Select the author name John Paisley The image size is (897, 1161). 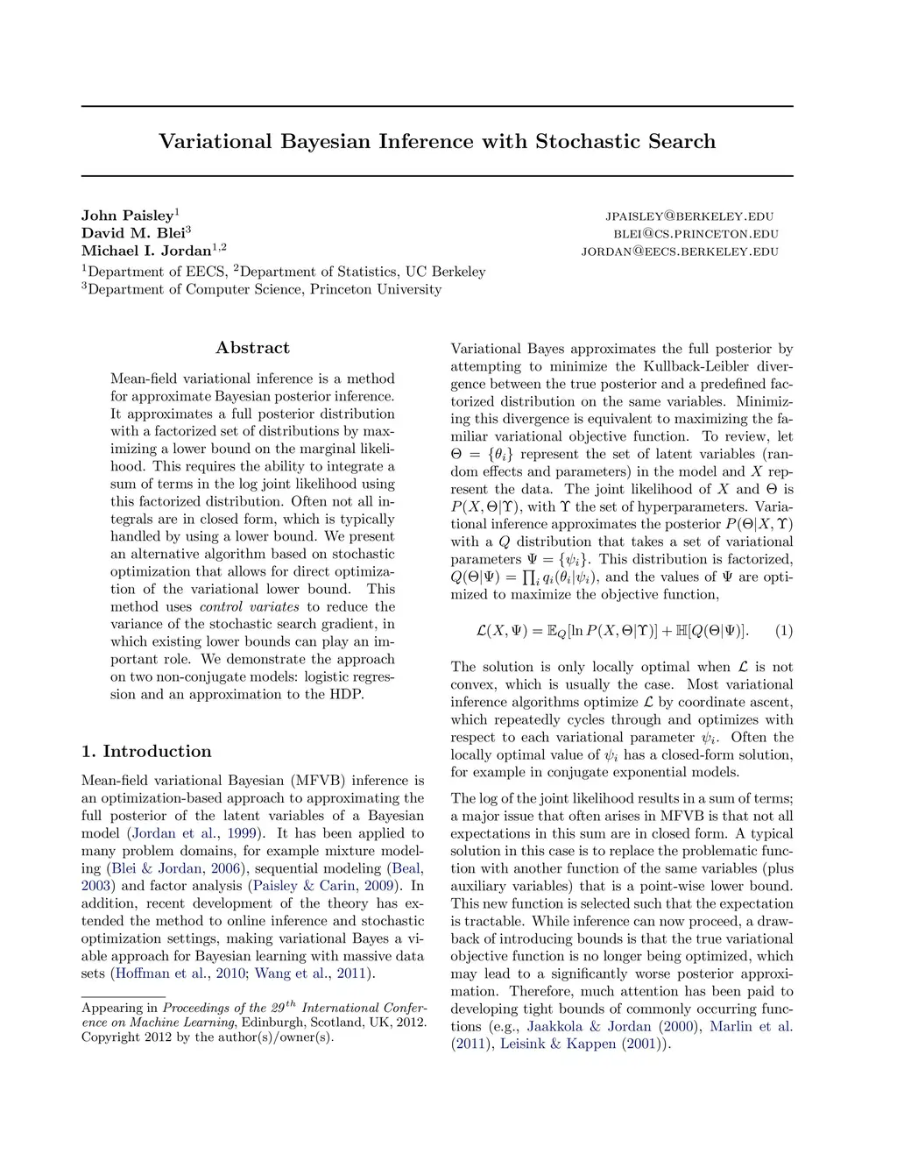tap(128, 216)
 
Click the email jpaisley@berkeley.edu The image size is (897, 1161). tap(689, 216)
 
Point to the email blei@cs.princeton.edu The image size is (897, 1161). tap(696, 234)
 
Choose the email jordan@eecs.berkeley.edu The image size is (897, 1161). tap(680, 251)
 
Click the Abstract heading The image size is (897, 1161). tap(252, 348)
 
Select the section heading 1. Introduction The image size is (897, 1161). tap(146, 752)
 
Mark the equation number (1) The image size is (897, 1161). tap(784, 631)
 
